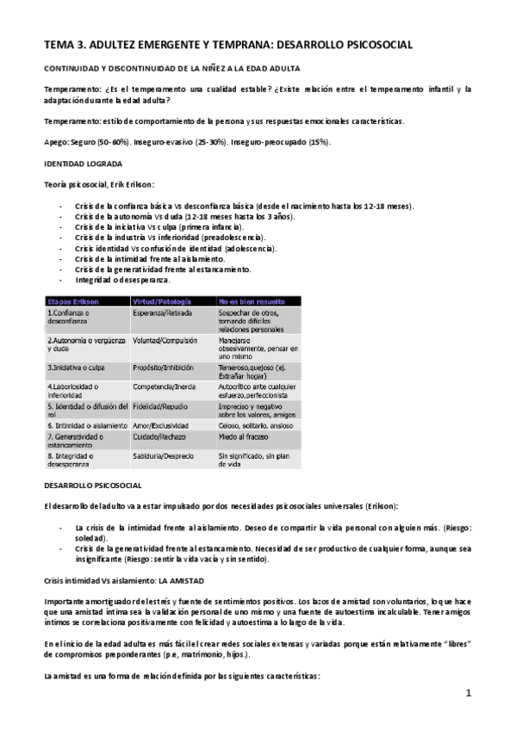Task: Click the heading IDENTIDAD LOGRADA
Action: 83,163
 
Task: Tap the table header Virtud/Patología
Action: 162,300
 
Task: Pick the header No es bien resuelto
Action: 251,300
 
